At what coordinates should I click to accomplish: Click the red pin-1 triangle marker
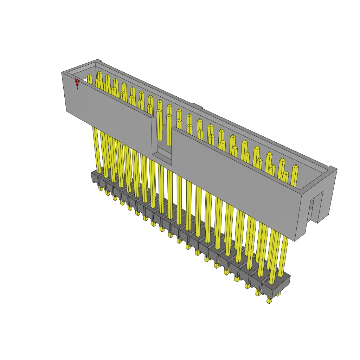(x=77, y=83)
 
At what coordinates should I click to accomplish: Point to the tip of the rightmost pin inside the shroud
(x=296, y=167)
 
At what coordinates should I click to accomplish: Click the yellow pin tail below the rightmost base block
(x=269, y=300)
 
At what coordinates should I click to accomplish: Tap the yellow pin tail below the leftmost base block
(x=101, y=188)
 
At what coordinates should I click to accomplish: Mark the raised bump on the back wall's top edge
(x=197, y=106)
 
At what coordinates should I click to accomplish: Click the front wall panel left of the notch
(x=109, y=112)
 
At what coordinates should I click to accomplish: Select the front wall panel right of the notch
(x=236, y=176)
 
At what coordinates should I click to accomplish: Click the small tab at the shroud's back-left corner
(x=99, y=61)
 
